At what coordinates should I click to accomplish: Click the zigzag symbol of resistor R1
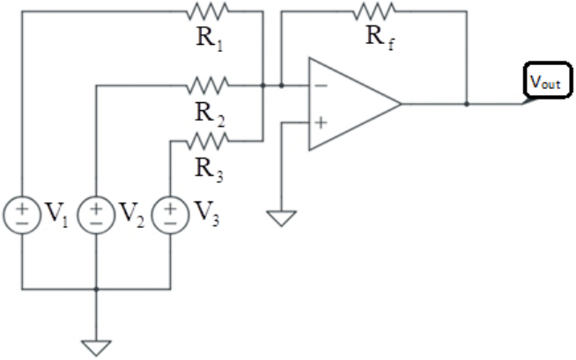[x=208, y=11]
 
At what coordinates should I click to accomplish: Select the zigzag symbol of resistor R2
[x=208, y=85]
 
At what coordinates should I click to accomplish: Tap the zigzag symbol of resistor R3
[x=208, y=141]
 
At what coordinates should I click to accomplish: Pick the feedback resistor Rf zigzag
[x=374, y=11]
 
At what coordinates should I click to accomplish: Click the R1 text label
[x=210, y=40]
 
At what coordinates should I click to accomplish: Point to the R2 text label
[x=210, y=114]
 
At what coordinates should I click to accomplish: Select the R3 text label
[x=209, y=170]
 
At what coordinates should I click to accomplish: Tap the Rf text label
[x=380, y=38]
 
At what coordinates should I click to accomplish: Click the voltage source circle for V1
[x=22, y=215]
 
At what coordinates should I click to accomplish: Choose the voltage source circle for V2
[x=96, y=215]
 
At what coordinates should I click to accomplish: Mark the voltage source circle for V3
[x=171, y=215]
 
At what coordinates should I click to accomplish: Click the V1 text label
[x=56, y=214]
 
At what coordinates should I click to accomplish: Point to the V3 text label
[x=206, y=214]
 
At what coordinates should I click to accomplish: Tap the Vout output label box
[x=547, y=81]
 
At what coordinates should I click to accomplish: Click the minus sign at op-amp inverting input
[x=321, y=86]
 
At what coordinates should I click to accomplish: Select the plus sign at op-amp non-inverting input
[x=321, y=122]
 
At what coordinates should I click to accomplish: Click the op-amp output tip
[x=401, y=104]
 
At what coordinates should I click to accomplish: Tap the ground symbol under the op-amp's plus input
[x=281, y=218]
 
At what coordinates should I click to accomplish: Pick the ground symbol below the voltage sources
[x=96, y=349]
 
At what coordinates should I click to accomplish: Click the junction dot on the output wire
[x=467, y=104]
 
